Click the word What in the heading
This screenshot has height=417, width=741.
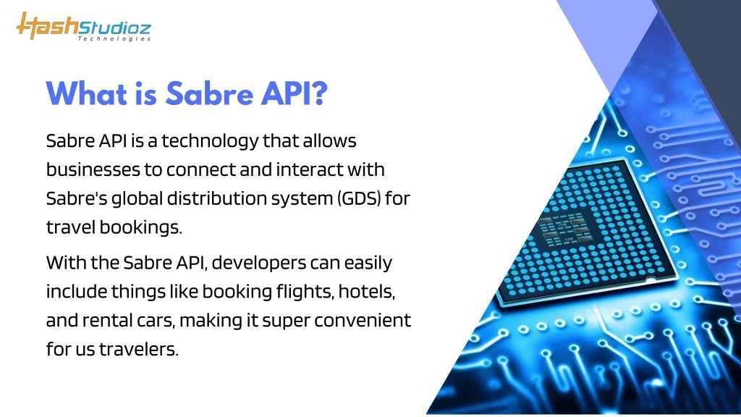[x=87, y=93]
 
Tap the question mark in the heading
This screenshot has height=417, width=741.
[x=319, y=93]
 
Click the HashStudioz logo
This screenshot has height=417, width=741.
[x=84, y=27]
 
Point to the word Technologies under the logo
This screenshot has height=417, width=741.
[x=114, y=39]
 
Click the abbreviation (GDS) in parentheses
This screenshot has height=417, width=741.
[x=359, y=198]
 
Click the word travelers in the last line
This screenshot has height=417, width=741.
[x=138, y=349]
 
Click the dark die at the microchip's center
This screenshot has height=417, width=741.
[x=564, y=229]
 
